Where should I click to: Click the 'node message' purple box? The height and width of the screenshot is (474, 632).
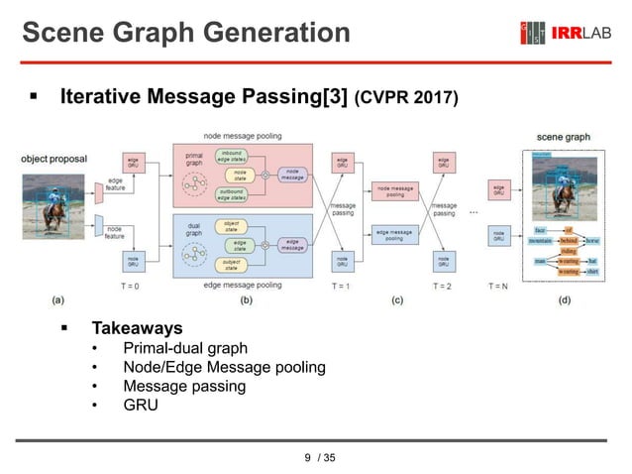point(293,174)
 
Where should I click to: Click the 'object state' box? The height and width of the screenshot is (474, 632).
point(234,225)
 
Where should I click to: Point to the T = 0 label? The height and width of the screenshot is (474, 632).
point(130,285)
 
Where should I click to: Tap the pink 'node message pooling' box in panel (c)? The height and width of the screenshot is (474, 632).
point(395,192)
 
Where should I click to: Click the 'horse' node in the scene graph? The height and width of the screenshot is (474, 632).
point(592,240)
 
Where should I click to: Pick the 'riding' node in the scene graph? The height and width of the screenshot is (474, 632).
point(568,251)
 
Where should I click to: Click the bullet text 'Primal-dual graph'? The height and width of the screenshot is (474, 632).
point(184,348)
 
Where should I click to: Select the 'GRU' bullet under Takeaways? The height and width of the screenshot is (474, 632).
point(140,406)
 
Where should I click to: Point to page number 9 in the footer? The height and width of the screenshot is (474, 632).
point(307,457)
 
